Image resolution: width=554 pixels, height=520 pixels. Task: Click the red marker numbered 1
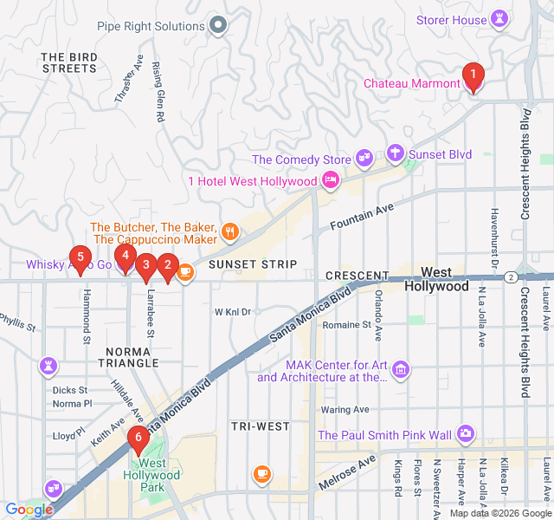(472, 76)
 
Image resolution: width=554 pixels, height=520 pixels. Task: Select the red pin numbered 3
(146, 265)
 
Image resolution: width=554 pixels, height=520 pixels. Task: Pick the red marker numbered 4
(126, 257)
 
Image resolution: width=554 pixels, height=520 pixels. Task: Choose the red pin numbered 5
(81, 257)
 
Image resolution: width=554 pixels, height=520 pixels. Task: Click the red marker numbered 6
(137, 439)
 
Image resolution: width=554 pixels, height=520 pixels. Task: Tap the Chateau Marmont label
(411, 84)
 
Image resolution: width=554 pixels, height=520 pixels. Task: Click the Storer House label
(451, 20)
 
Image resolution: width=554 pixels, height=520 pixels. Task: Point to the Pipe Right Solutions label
(151, 26)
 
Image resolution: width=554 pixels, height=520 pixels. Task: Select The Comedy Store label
(301, 159)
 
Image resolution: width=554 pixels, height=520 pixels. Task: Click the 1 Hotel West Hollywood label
(253, 181)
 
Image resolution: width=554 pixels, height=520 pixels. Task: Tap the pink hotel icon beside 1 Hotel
(330, 180)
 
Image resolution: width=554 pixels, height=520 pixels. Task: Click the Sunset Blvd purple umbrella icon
(396, 154)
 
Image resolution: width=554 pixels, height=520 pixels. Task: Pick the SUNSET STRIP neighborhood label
(253, 263)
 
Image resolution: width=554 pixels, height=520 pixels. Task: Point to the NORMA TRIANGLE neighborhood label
(128, 356)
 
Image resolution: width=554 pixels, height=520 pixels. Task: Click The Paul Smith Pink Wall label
(384, 435)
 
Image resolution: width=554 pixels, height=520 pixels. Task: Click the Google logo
(28, 510)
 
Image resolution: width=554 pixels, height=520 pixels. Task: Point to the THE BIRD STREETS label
(68, 62)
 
